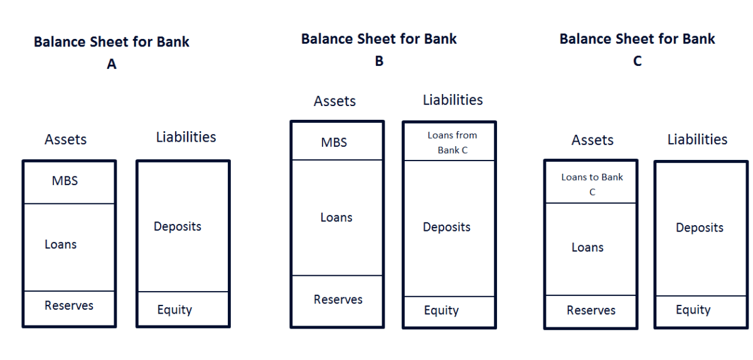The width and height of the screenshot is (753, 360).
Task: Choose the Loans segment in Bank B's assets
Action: tap(336, 218)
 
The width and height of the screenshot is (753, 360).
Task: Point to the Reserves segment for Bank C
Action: tap(590, 310)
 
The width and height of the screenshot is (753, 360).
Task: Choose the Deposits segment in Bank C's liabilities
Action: tap(700, 228)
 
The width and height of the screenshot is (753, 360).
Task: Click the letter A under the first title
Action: tap(112, 64)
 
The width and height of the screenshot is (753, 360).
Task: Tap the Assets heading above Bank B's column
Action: tap(334, 101)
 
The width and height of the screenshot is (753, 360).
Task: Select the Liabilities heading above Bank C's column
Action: tap(697, 139)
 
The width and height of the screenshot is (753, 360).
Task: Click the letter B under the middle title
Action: tap(379, 61)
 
